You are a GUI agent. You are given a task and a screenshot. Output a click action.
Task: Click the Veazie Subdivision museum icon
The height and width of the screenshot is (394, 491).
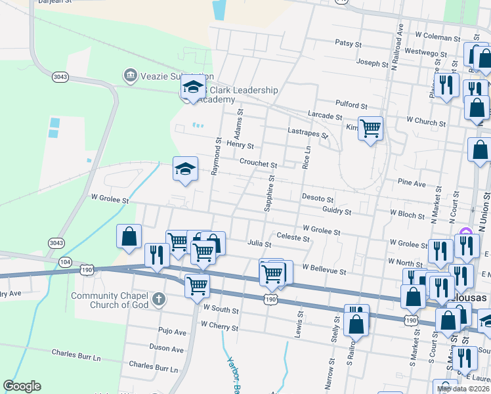[130, 76]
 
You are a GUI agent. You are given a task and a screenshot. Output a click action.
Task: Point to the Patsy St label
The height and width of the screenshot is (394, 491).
[349, 43]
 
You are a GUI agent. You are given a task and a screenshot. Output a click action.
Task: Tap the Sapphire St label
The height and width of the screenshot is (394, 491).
[268, 194]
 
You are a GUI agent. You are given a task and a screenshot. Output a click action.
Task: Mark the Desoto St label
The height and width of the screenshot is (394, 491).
[318, 198]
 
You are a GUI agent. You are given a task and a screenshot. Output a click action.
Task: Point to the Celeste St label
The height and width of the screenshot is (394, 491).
[293, 237]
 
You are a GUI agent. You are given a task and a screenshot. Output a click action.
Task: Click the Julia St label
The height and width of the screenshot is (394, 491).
[259, 243]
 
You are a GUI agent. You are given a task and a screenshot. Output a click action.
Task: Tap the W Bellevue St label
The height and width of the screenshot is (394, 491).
[324, 270]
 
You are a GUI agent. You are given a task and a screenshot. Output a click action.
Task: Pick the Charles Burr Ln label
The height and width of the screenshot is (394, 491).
[153, 365]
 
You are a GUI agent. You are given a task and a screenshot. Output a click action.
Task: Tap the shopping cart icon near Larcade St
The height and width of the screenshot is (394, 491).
[371, 128]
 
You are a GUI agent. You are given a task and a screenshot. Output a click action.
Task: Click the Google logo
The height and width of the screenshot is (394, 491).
[22, 386]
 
